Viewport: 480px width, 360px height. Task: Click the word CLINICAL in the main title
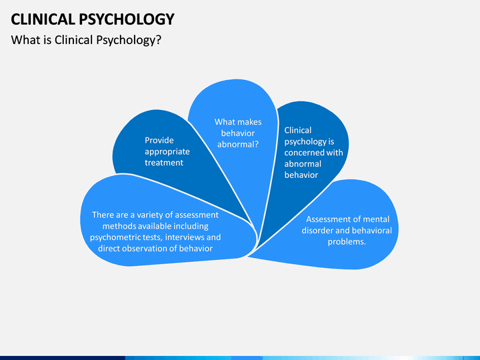[x=43, y=19]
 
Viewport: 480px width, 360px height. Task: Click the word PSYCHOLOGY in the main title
[x=127, y=19]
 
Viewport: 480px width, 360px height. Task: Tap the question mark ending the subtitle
[x=158, y=40]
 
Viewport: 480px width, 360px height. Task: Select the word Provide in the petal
[x=159, y=140]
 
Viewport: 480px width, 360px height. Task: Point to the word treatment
[x=164, y=163]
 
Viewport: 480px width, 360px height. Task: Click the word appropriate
[x=167, y=152]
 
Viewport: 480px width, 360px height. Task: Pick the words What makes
[x=238, y=122]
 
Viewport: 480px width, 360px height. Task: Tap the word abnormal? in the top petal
[x=238, y=144]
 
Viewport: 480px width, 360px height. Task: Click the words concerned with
[x=313, y=153]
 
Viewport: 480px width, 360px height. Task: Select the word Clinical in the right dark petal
[x=298, y=130]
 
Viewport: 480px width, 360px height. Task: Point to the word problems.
[x=347, y=242]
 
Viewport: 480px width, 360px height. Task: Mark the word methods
[x=119, y=226]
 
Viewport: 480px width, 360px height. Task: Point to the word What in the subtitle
[x=25, y=40]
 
